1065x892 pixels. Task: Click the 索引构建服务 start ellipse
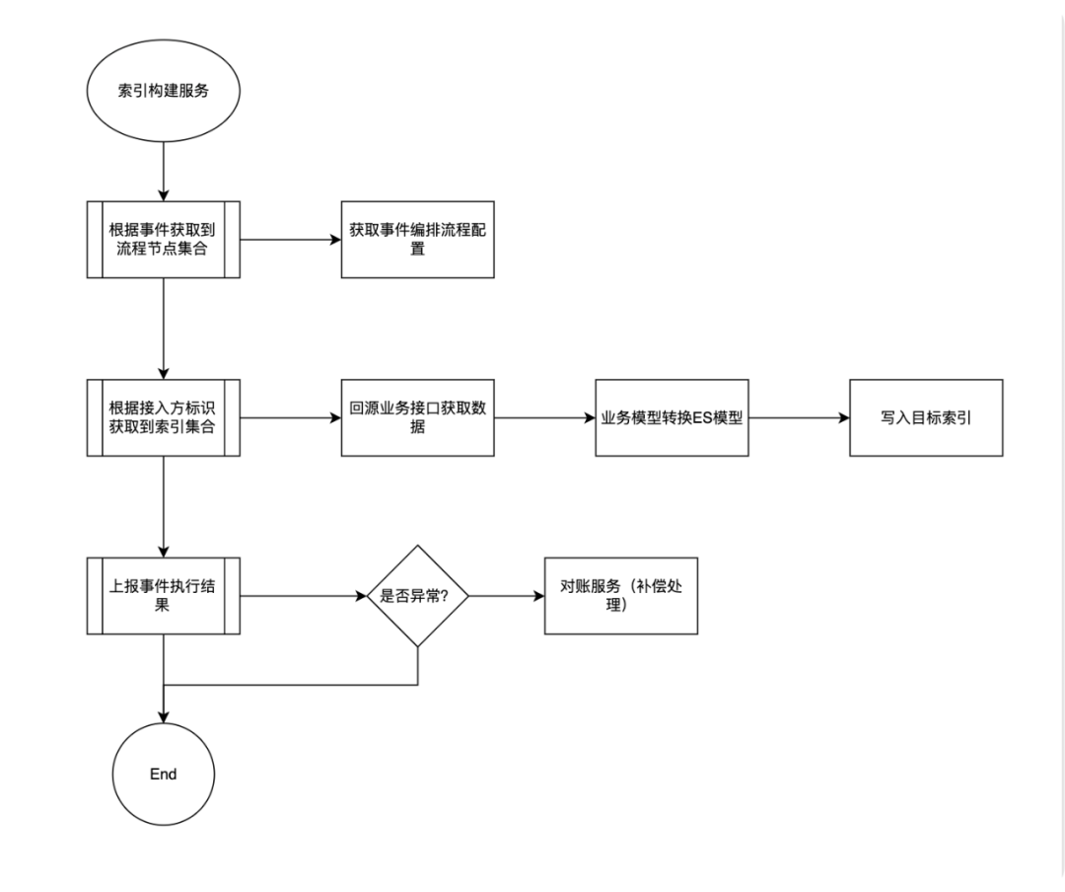coord(163,91)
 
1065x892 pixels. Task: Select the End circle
coord(163,774)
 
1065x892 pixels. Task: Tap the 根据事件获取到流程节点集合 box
coord(163,240)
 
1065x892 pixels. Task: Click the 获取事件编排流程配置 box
coord(418,240)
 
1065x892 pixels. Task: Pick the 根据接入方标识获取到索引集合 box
coord(163,417)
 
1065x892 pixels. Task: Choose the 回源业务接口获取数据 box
coord(418,417)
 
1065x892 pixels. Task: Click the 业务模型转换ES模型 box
coord(672,417)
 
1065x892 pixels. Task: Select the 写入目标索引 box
coord(926,417)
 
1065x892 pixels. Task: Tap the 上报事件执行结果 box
coord(163,596)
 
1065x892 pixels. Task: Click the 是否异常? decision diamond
coord(418,596)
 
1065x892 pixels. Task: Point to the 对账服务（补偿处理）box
coord(621,596)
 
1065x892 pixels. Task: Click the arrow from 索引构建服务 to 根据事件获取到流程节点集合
coord(163,172)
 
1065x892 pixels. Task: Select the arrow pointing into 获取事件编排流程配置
coord(291,240)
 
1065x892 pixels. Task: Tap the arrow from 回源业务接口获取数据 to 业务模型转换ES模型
coord(544,417)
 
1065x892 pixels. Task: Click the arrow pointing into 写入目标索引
coord(800,417)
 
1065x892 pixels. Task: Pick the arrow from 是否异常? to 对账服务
coord(507,596)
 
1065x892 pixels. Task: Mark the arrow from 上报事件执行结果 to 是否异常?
coord(304,596)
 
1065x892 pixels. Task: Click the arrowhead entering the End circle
coord(163,717)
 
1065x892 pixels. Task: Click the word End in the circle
coord(163,774)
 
